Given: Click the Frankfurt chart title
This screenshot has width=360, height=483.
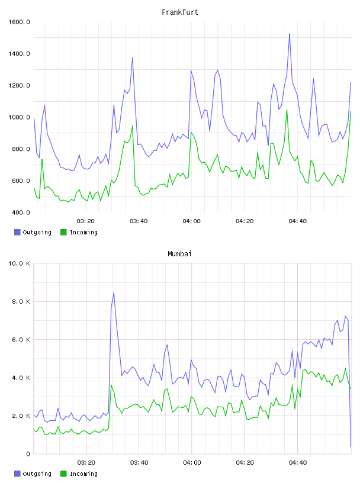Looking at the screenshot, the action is (x=180, y=12).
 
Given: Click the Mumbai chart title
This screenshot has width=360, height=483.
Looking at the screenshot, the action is (x=179, y=254).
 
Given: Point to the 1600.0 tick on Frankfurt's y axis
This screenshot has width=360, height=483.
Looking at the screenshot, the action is (x=19, y=22).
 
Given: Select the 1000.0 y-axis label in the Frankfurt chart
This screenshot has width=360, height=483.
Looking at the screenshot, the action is (x=19, y=117).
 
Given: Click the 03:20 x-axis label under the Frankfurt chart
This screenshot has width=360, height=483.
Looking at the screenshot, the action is (x=86, y=221).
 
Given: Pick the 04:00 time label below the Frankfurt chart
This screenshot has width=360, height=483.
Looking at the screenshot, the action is (x=192, y=221).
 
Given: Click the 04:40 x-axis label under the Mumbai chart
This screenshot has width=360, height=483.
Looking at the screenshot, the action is (x=298, y=463).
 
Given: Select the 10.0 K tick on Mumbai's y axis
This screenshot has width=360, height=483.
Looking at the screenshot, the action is (x=19, y=263).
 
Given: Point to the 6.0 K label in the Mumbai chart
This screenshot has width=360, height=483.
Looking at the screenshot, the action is (x=21, y=340).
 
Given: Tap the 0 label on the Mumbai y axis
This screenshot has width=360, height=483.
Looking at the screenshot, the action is (x=28, y=454).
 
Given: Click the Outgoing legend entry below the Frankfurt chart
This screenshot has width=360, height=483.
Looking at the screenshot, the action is (x=33, y=232).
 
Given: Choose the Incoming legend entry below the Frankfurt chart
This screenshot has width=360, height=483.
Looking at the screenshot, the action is (x=79, y=232).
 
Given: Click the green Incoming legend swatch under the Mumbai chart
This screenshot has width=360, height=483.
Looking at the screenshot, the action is (x=63, y=474).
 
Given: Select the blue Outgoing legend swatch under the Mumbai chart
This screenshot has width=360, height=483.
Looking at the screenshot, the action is (x=17, y=474).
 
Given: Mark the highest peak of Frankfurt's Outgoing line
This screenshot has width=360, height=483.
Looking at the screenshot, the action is (x=290, y=34).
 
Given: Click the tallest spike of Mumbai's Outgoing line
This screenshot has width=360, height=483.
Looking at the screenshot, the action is (x=114, y=292).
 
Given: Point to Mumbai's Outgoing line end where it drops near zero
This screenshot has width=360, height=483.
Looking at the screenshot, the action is (x=351, y=447).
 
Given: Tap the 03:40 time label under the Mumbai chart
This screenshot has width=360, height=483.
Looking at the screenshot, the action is (x=139, y=463).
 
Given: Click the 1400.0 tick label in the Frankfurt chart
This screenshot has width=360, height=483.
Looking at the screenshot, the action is (x=19, y=54).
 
